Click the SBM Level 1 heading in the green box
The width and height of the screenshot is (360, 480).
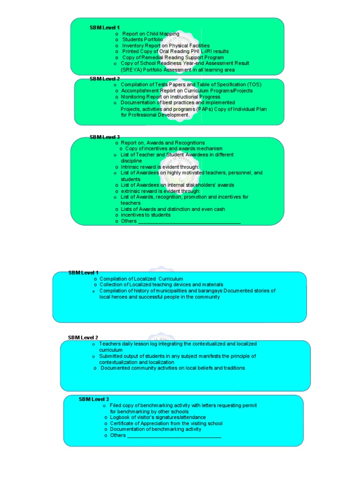(x=105, y=28)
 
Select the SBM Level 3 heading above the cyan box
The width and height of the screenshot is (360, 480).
(x=94, y=399)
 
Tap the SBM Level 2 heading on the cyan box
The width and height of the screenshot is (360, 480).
(x=83, y=337)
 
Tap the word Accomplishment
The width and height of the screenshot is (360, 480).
(x=140, y=91)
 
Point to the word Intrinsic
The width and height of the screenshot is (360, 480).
(x=131, y=167)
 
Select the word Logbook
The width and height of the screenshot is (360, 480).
(x=121, y=417)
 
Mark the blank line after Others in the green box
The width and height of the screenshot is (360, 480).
(x=189, y=222)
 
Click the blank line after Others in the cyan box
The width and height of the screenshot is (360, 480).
(x=174, y=436)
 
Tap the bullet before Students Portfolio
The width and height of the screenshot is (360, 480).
(x=116, y=40)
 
